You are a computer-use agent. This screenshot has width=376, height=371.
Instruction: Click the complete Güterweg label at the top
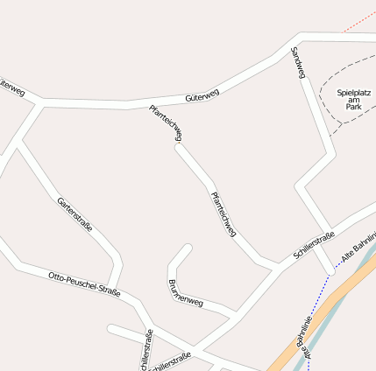(x=202, y=95)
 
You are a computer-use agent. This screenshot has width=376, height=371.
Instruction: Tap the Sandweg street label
(x=297, y=63)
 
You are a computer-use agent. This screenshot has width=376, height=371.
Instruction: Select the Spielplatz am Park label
(x=355, y=98)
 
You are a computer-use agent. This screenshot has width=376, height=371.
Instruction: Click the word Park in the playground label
(x=354, y=107)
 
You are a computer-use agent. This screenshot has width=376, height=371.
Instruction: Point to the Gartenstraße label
(x=74, y=214)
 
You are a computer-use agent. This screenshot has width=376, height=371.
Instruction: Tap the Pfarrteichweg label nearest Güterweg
(x=166, y=122)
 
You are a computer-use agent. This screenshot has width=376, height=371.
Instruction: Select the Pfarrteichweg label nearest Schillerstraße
(x=223, y=213)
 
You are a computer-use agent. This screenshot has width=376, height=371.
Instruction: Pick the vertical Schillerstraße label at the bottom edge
(x=146, y=350)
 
